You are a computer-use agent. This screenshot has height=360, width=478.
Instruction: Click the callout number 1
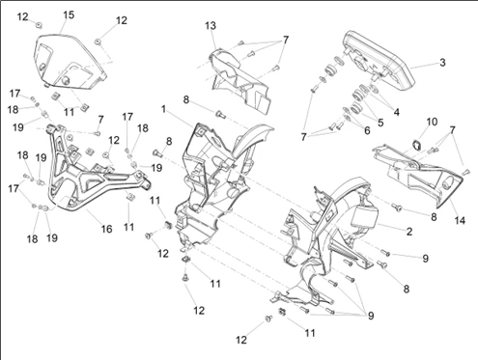pos(163,109)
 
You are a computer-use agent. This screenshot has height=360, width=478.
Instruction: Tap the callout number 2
pos(409,232)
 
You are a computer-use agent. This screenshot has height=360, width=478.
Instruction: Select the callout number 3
pos(442,63)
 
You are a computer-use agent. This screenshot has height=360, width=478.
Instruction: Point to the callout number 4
pos(396,112)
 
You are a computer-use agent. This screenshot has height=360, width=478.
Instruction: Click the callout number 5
pos(380,123)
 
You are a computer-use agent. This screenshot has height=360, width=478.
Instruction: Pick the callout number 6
pos(367,130)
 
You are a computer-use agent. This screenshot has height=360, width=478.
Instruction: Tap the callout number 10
pos(432,122)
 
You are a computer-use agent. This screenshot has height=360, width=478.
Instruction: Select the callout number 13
pos(211,26)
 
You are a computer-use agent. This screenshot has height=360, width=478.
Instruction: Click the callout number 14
pos(460,220)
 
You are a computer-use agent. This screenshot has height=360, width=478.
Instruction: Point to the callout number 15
pos(69,14)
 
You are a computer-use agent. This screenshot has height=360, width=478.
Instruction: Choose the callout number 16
pos(106,229)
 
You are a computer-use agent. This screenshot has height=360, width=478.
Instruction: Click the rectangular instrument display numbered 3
pos(379,60)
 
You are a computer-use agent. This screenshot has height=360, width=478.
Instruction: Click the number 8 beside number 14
pos(434,217)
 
